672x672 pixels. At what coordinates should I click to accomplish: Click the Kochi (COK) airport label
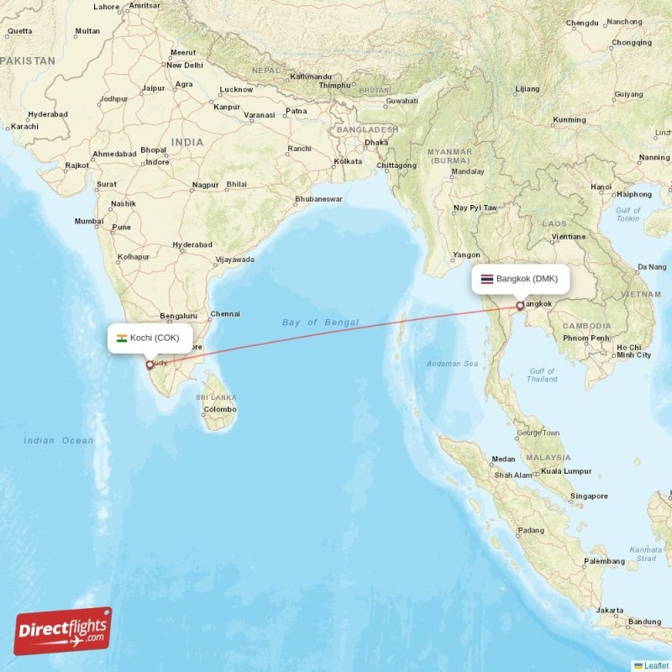tap(154, 338)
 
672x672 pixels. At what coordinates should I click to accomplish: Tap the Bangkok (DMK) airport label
tap(527, 279)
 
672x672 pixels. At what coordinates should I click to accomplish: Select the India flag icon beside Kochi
tap(122, 338)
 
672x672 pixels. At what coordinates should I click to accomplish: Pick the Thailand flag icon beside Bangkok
tap(487, 279)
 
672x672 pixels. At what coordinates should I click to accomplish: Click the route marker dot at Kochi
tap(150, 365)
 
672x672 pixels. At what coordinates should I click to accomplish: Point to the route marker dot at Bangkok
tap(520, 306)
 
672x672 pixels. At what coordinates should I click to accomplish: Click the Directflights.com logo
tap(63, 631)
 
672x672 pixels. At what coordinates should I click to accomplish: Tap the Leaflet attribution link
tap(655, 665)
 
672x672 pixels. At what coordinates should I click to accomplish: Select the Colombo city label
tap(220, 409)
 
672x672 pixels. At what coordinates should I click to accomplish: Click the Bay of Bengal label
tap(320, 322)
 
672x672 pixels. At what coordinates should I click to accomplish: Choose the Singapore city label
tap(589, 496)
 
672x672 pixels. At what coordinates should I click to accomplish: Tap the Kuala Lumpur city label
tap(566, 471)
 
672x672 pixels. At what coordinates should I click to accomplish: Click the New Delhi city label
tap(185, 65)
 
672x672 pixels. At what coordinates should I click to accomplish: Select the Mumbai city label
tap(88, 222)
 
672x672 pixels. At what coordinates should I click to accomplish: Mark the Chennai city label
tap(225, 314)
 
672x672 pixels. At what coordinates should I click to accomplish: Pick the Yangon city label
tap(466, 255)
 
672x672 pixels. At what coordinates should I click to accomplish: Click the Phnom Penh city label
tap(587, 338)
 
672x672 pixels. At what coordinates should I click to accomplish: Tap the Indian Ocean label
tap(59, 440)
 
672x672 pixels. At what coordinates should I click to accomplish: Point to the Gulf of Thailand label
tap(542, 375)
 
